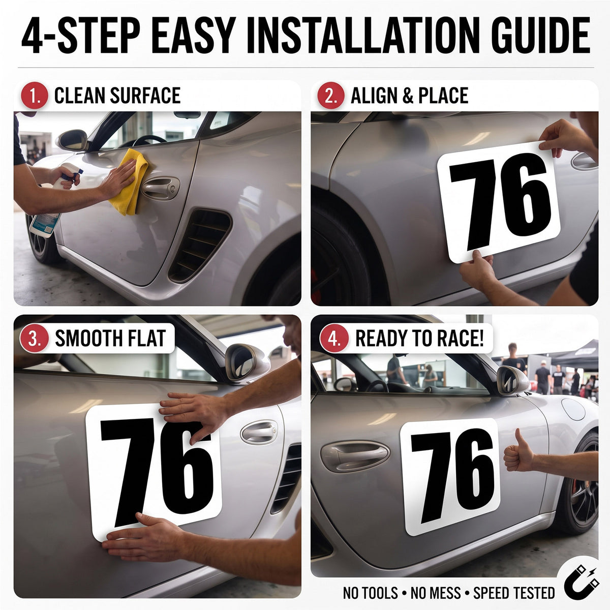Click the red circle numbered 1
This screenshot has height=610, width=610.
(35, 96)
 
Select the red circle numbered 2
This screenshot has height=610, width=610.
(331, 96)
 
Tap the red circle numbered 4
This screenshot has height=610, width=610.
(334, 339)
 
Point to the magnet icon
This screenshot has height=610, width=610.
(582, 582)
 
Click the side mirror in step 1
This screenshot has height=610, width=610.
(73, 140)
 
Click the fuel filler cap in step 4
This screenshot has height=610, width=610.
(573, 409)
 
